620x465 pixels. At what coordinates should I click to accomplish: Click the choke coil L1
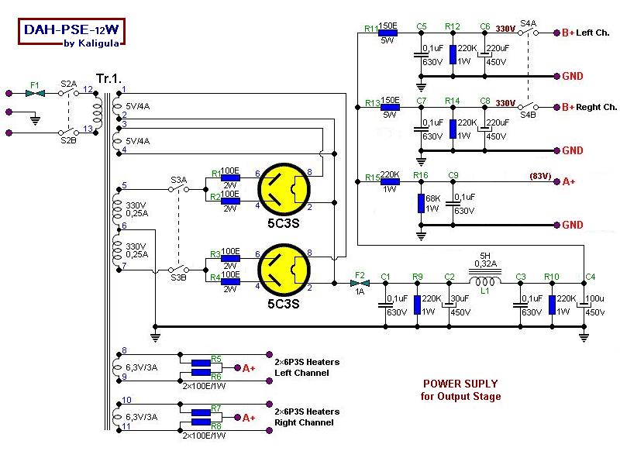(x=486, y=283)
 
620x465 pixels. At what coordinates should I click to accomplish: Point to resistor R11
(x=388, y=33)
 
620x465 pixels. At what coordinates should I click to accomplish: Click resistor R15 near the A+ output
(x=388, y=181)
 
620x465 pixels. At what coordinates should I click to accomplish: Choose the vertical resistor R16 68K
(x=422, y=203)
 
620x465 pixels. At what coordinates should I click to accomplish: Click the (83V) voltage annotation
(x=540, y=176)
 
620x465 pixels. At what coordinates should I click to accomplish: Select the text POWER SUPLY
(x=460, y=384)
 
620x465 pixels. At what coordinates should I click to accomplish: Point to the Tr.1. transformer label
(x=108, y=78)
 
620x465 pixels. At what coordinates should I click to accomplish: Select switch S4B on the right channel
(x=528, y=107)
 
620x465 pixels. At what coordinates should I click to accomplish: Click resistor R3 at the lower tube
(x=230, y=253)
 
